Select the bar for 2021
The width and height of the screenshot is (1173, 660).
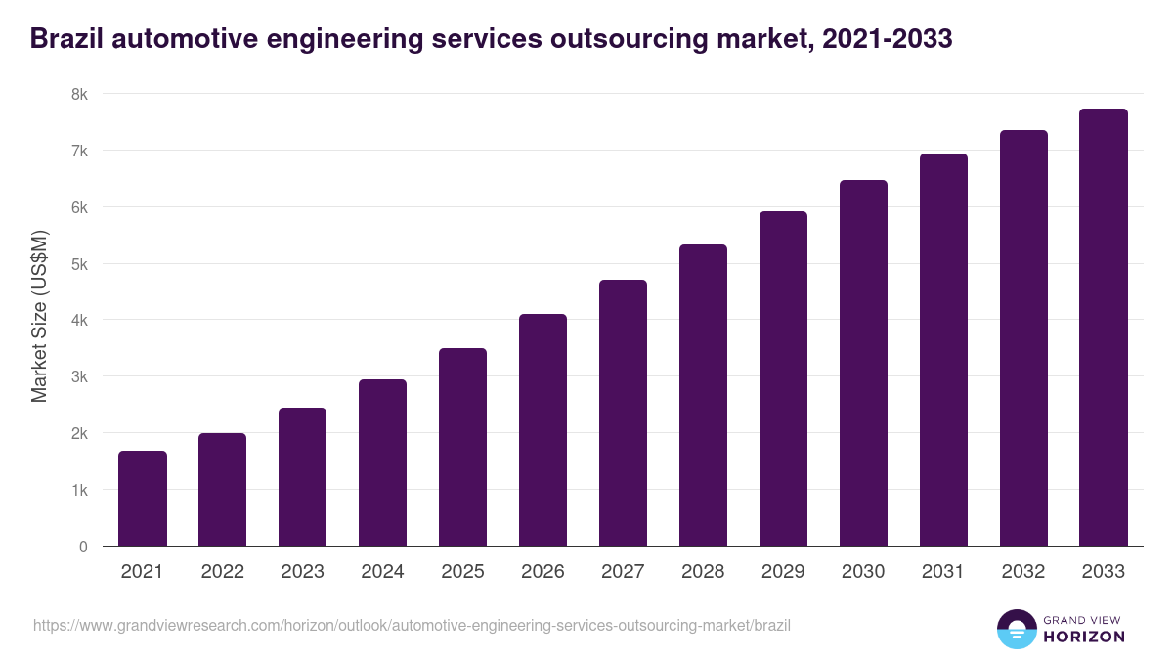tap(143, 499)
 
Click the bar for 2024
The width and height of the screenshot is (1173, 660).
tap(382, 462)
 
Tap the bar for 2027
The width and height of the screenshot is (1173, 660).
tap(623, 413)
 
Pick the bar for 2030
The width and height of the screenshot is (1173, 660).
tap(863, 363)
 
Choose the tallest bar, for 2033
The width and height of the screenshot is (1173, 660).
tap(1104, 328)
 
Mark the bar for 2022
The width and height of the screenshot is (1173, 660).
tap(223, 490)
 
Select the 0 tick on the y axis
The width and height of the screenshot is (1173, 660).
tap(83, 547)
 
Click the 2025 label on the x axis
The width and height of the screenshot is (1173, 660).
tap(462, 572)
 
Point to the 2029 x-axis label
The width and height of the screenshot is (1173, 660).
tap(783, 572)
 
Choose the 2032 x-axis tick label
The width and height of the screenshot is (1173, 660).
tap(1023, 572)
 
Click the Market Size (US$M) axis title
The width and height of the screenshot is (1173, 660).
tap(39, 316)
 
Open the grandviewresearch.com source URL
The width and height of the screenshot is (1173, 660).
tap(412, 625)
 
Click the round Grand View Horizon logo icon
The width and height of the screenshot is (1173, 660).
tap(1016, 629)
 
